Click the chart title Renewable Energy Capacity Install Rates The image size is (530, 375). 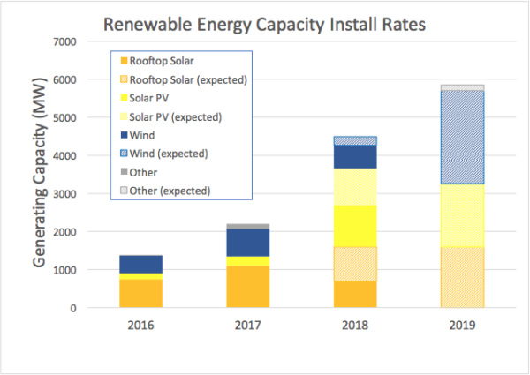[x=265, y=24]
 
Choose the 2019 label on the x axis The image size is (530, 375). [x=462, y=325]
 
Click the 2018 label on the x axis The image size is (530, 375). [x=355, y=325]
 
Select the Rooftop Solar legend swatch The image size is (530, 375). [x=124, y=62]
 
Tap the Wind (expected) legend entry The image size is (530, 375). [x=169, y=154]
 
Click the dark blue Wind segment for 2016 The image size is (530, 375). [x=141, y=264]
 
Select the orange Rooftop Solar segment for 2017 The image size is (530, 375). [x=248, y=287]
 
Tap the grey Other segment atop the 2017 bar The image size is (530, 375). [x=248, y=227]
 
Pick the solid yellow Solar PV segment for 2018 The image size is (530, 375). [x=355, y=226]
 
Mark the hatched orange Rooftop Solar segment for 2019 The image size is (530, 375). [x=462, y=277]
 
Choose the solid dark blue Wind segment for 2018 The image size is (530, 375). [x=355, y=156]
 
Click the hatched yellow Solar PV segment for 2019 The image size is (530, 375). [x=462, y=215]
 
